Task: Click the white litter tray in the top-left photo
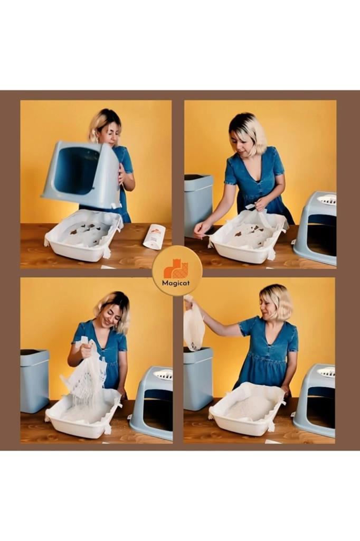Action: coord(83,237)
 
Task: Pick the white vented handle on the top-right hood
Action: coord(326,199)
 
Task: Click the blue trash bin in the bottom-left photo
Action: coord(34,381)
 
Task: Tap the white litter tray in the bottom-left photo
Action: coord(83,414)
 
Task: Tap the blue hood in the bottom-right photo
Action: coord(315,400)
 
